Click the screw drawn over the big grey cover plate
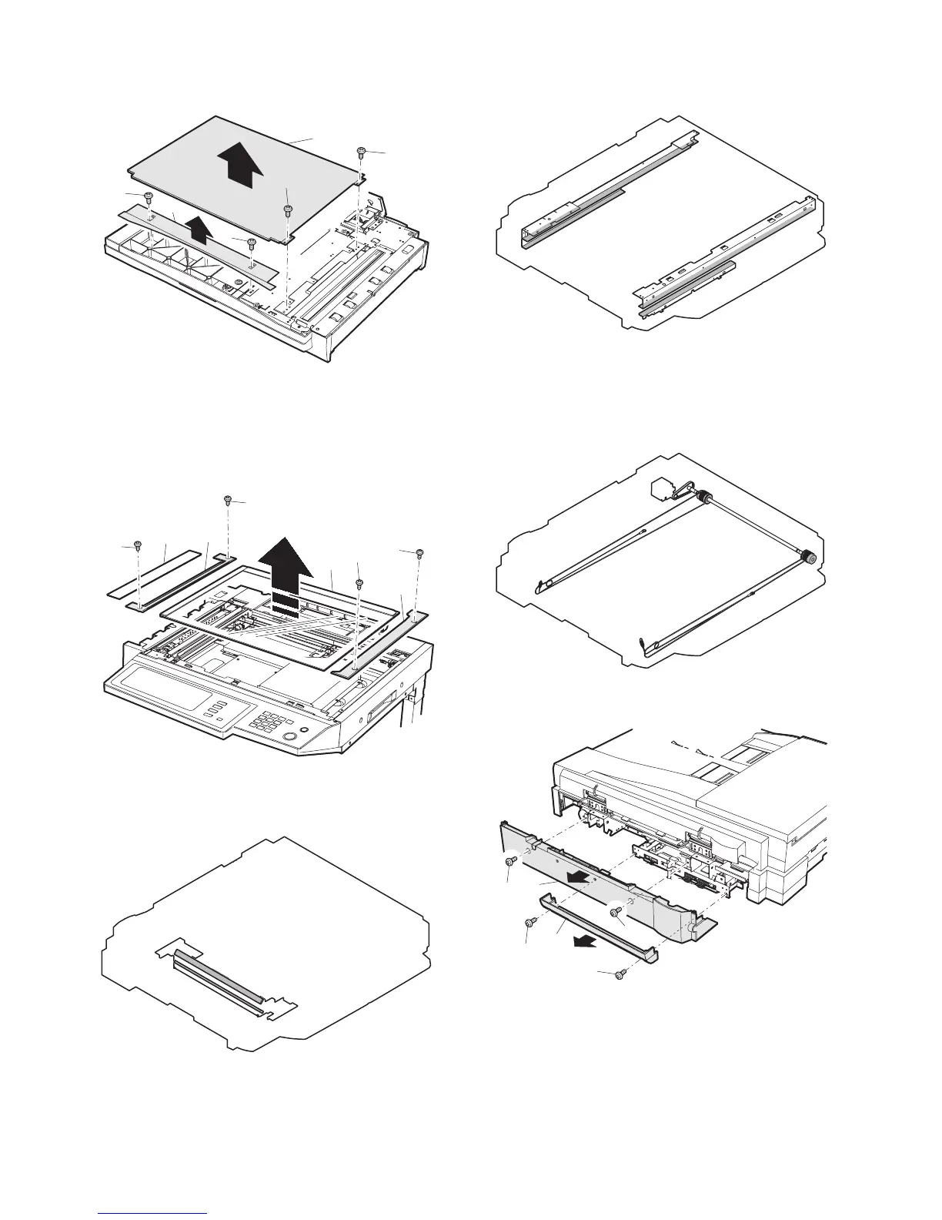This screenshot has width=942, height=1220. [286, 209]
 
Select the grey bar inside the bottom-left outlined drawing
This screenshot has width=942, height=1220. [219, 970]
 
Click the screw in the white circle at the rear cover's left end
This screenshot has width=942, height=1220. [511, 862]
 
